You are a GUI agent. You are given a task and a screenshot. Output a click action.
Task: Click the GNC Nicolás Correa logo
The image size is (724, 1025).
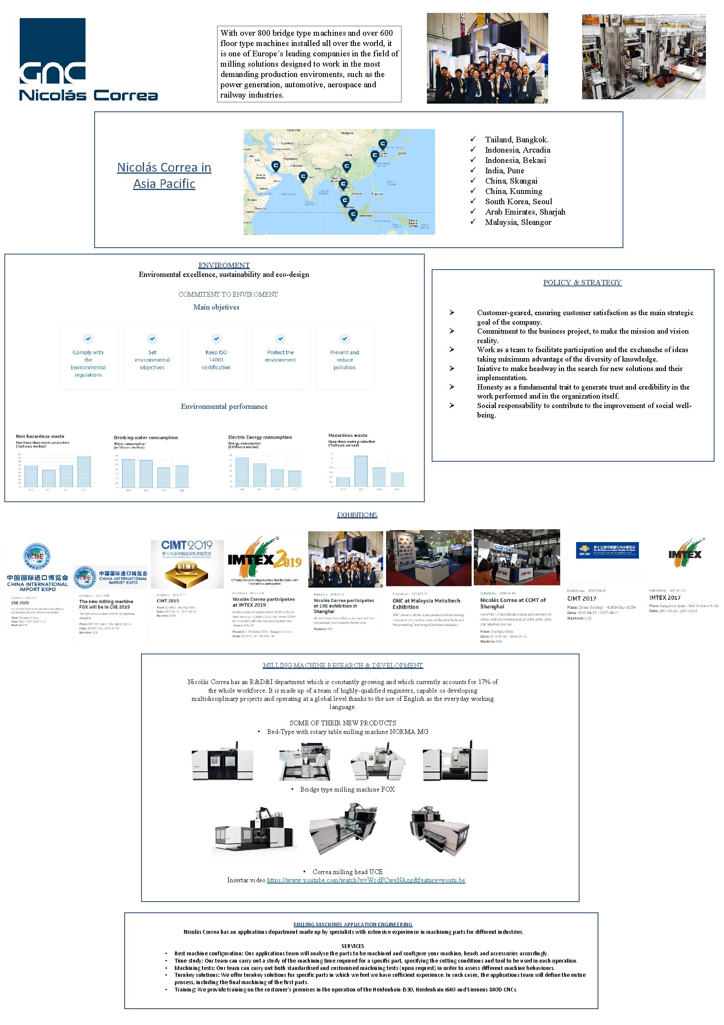[x=88, y=59]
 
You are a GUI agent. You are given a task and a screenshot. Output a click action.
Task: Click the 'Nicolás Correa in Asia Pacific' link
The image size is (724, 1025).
[x=164, y=175]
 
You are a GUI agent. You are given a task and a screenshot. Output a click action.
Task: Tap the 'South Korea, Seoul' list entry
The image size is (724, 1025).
[x=518, y=201]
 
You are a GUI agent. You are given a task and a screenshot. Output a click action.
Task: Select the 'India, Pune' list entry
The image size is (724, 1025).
[x=504, y=171]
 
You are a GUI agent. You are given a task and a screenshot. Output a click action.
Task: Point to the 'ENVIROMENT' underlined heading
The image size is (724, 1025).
[x=224, y=265]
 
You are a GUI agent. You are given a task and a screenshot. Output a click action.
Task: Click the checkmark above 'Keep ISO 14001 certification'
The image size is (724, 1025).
[x=216, y=338]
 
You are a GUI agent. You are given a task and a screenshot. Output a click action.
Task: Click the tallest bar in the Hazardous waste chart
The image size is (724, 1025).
[x=361, y=470]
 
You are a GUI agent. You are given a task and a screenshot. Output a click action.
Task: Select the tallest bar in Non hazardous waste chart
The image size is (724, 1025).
[x=84, y=471]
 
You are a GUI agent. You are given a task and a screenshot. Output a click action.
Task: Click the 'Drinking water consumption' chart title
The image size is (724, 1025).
[x=145, y=438]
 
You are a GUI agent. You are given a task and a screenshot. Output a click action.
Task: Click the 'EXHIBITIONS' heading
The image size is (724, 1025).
[x=357, y=515]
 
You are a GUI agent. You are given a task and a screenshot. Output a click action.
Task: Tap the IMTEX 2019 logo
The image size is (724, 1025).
[x=264, y=559]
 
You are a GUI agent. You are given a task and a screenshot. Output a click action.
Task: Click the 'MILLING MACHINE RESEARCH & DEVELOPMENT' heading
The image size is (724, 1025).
[x=342, y=665]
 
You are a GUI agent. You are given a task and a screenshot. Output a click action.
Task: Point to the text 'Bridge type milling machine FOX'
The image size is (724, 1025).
[x=347, y=789]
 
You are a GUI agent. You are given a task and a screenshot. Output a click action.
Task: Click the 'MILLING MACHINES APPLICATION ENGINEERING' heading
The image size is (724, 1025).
[x=353, y=924]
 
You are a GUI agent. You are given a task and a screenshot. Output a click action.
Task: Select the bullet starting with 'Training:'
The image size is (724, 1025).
[x=346, y=989]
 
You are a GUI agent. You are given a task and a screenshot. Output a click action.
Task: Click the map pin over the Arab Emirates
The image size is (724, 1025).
[x=276, y=166]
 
